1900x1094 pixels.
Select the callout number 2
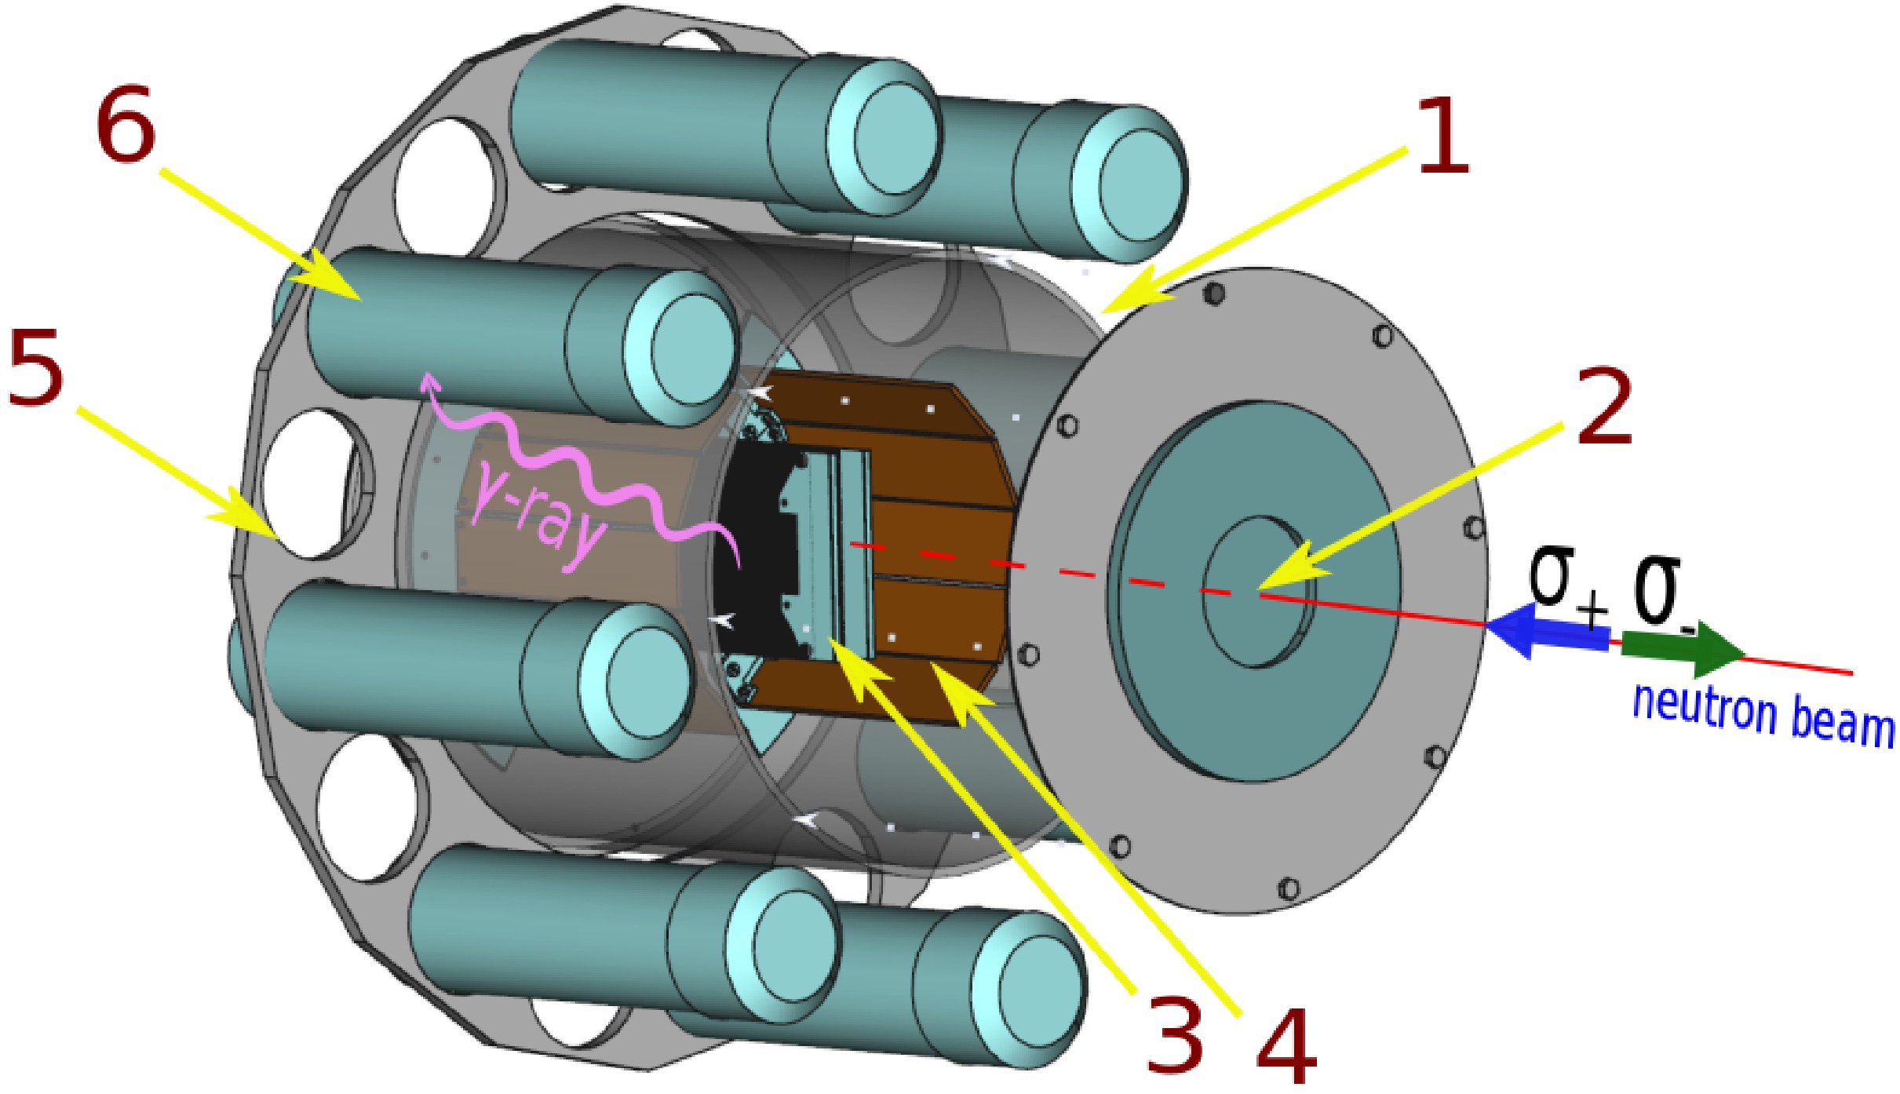coord(1603,407)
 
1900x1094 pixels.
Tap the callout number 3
coord(1175,1033)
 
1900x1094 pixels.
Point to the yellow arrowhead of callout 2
coord(1287,573)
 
